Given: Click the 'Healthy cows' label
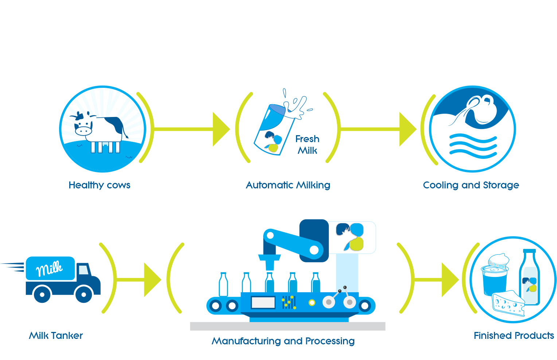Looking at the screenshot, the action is pyautogui.click(x=100, y=185).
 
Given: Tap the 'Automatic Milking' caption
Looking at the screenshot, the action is pyautogui.click(x=288, y=185).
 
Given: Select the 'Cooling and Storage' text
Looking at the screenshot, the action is pyautogui.click(x=471, y=185).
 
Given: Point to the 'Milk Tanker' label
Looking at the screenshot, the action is pyautogui.click(x=56, y=336).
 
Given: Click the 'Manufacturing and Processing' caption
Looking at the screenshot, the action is pyautogui.click(x=283, y=341).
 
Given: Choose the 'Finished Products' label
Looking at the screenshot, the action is pyautogui.click(x=514, y=336).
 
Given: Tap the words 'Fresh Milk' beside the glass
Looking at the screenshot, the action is pyautogui.click(x=307, y=144).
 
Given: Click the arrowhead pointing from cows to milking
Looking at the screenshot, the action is pyautogui.click(x=221, y=129).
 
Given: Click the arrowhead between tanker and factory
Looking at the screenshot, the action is pyautogui.click(x=152, y=280).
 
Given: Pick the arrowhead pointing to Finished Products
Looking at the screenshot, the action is pyautogui.click(x=450, y=280).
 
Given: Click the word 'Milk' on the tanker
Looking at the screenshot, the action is pyautogui.click(x=49, y=269).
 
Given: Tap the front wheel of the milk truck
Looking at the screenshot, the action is pyautogui.click(x=84, y=295).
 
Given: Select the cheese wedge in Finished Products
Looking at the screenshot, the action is pyautogui.click(x=509, y=303).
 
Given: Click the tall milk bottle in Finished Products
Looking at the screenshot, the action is pyautogui.click(x=529, y=277).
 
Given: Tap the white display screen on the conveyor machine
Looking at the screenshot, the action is pyautogui.click(x=263, y=302).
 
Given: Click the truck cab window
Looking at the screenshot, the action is pyautogui.click(x=83, y=270).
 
